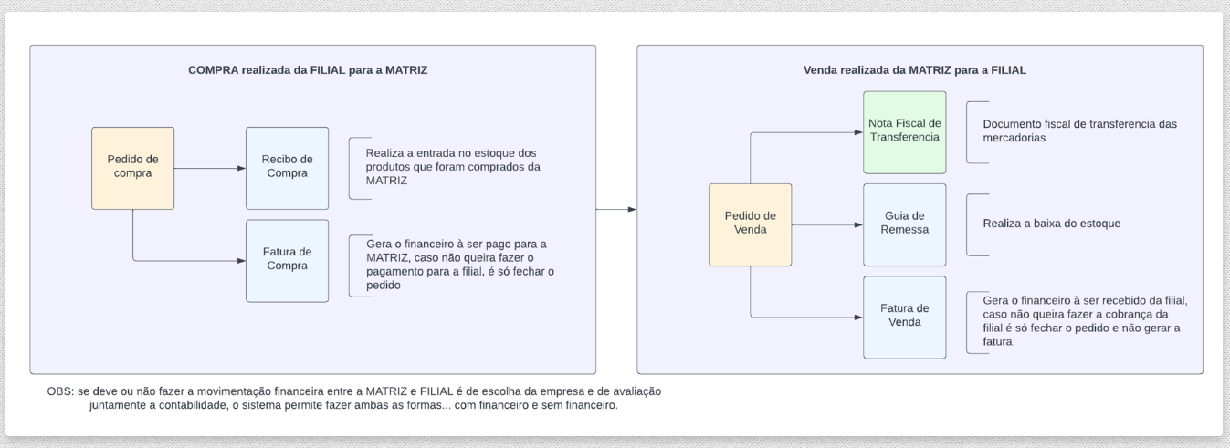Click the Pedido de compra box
point(133,169)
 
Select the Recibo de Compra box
point(288,169)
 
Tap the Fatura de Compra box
point(288,261)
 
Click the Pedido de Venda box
point(750,224)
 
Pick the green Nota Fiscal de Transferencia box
point(904,132)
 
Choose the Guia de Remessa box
point(904,224)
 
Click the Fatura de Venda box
point(904,318)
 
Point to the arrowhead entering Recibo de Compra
point(242,169)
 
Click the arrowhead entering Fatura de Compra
point(242,261)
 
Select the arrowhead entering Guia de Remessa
point(858,224)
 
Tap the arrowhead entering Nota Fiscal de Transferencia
point(858,132)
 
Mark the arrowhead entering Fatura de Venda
point(858,318)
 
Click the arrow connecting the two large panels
point(616,210)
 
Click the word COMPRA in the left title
point(214,70)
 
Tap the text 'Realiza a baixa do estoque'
point(1052,224)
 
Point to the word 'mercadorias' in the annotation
point(1014,138)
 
